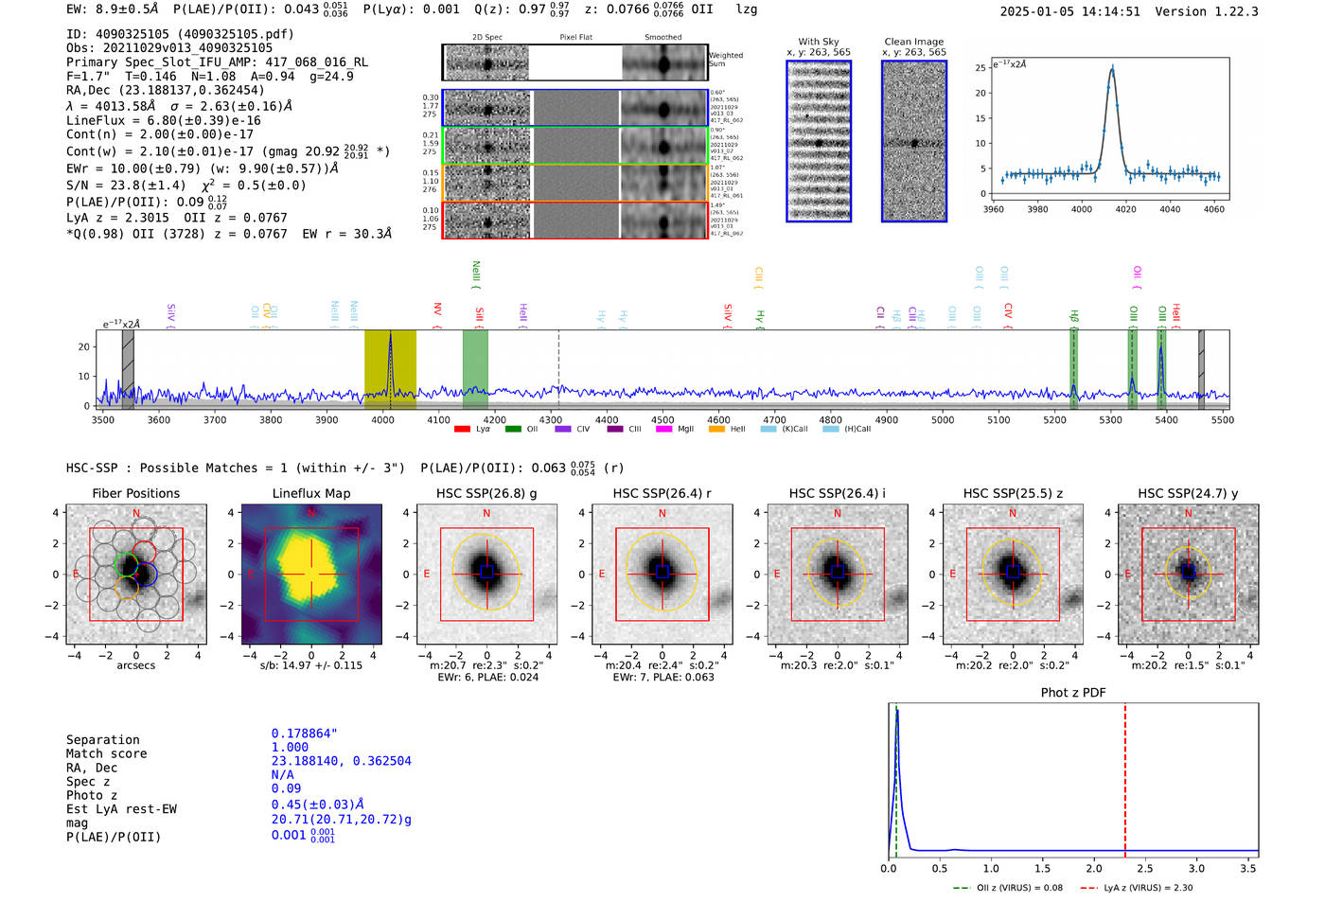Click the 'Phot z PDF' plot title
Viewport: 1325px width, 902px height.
point(1073,693)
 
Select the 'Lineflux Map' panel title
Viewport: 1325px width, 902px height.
point(310,493)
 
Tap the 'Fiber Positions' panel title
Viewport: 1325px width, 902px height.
point(135,493)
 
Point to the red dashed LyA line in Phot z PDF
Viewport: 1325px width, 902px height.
point(1125,776)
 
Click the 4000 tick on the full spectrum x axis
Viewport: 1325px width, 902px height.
point(382,420)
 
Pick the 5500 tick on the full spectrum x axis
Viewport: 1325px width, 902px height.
point(1222,420)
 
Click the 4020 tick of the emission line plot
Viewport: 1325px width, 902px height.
point(1126,209)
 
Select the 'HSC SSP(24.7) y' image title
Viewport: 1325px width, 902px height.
point(1188,493)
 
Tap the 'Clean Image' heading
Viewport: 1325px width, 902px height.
point(913,42)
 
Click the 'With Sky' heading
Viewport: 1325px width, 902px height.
point(818,42)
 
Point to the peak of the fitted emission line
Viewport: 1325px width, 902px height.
point(1112,69)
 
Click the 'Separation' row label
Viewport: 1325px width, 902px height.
point(102,740)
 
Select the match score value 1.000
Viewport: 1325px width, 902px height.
point(290,747)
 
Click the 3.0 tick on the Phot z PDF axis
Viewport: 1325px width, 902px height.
point(1196,868)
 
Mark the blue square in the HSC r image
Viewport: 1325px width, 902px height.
point(662,572)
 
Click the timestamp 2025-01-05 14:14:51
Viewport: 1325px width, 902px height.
point(1069,11)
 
